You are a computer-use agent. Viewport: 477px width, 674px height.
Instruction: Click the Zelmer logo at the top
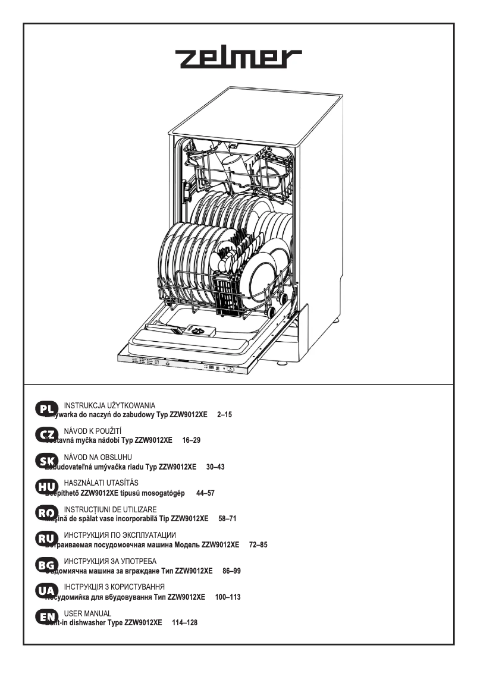(238, 58)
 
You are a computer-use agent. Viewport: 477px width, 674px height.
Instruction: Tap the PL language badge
(46, 409)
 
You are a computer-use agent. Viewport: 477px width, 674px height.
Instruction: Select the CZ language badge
(46, 435)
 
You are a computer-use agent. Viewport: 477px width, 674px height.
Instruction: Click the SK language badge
(46, 461)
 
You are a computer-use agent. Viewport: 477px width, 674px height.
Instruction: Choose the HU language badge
(46, 487)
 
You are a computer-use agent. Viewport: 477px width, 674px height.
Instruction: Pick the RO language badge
(46, 514)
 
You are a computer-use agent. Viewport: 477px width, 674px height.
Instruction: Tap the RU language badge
(46, 540)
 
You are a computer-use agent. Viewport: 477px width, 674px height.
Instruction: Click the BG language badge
(46, 566)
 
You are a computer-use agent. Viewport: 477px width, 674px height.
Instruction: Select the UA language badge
(46, 592)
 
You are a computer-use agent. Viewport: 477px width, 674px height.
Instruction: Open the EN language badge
(46, 618)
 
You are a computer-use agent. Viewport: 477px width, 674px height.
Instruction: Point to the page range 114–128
(184, 623)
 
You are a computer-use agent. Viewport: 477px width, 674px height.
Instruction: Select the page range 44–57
(205, 493)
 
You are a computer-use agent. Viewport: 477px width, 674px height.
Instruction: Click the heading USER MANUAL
(87, 613)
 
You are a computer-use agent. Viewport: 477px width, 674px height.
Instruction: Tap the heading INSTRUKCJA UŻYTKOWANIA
(109, 405)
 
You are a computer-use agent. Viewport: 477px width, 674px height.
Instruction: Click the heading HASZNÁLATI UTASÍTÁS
(101, 483)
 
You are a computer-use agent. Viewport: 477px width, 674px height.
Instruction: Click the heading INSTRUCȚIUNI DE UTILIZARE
(110, 509)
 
